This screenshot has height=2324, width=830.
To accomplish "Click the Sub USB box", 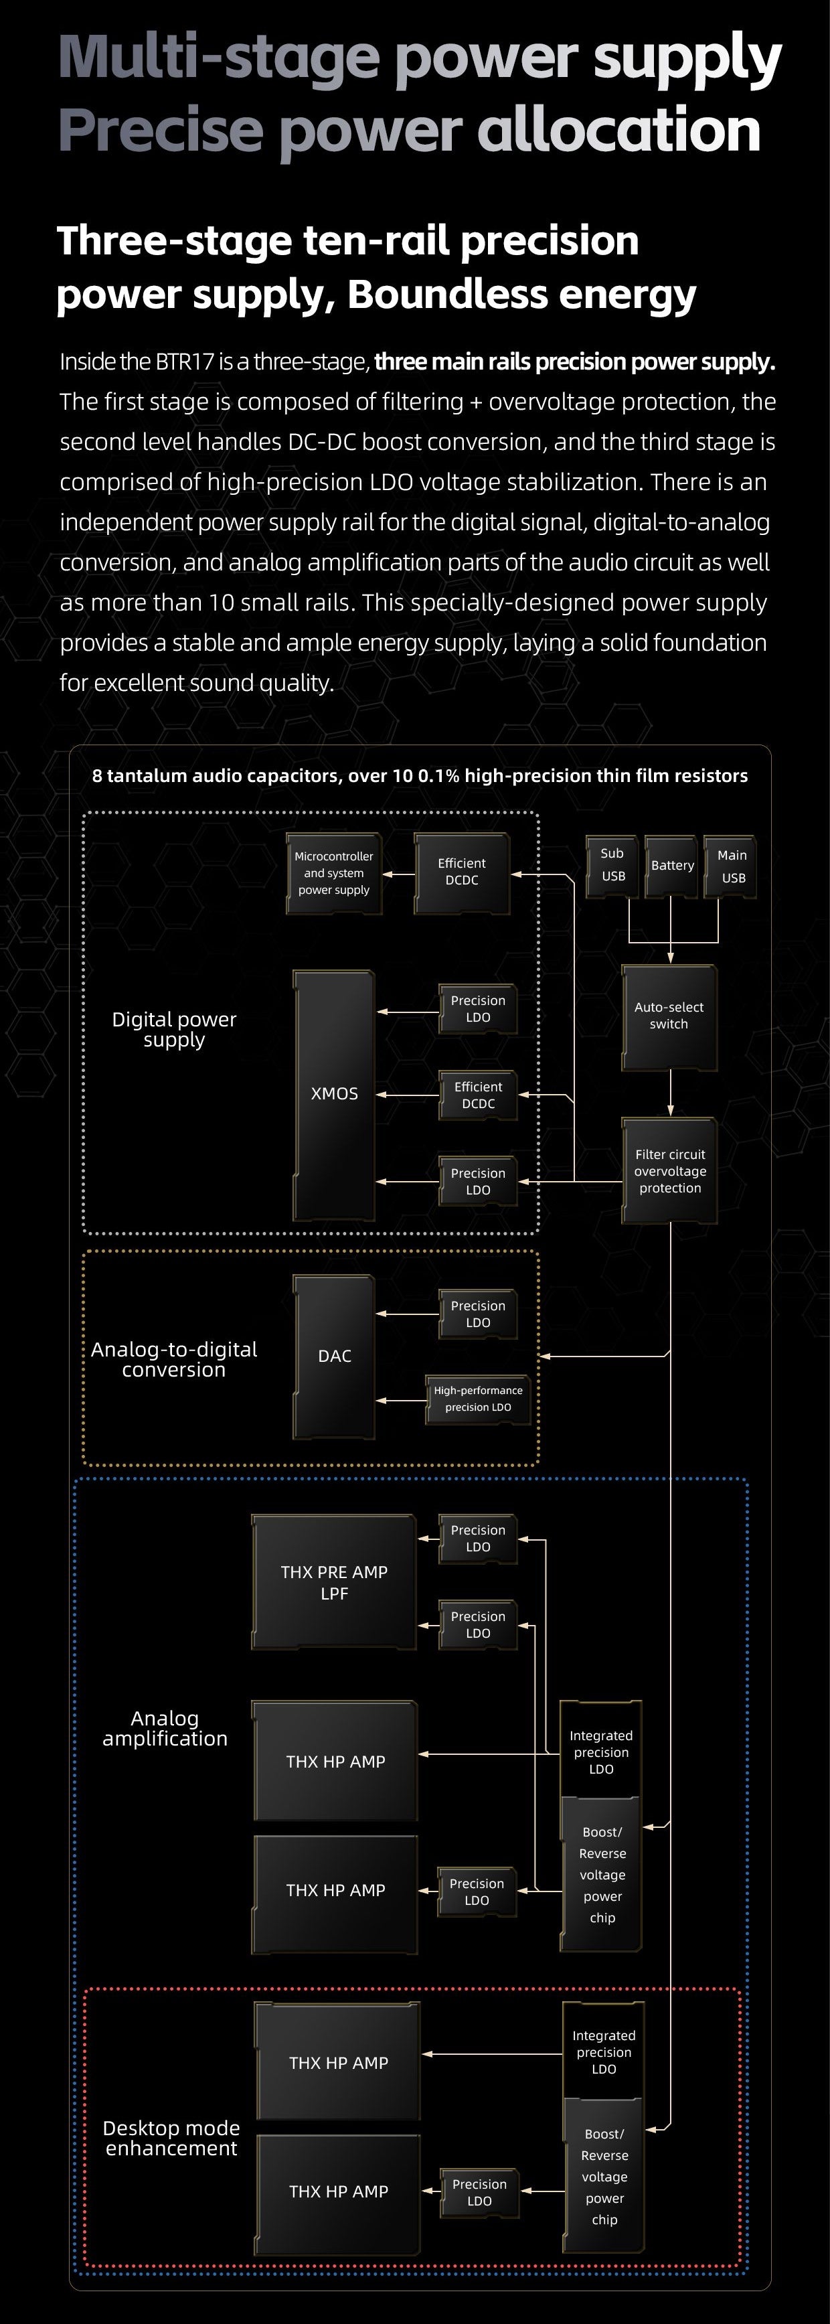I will click(x=612, y=865).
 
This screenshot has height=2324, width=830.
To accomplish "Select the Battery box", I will click(x=672, y=865).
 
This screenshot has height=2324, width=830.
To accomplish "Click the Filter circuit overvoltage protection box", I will click(x=669, y=1171).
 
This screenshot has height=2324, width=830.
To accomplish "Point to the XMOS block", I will click(x=334, y=1094).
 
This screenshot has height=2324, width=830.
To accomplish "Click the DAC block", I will click(x=334, y=1356).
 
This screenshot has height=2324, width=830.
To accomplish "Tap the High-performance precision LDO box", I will click(x=478, y=1399).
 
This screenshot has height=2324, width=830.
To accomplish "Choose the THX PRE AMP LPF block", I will click(x=334, y=1582).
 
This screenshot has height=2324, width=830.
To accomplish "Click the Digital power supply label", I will click(x=174, y=1029).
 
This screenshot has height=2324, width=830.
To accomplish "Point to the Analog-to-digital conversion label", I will click(x=174, y=1360).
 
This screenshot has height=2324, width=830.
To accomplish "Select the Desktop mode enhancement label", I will click(x=171, y=2138).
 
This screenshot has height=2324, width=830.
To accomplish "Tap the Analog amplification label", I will click(x=165, y=1729).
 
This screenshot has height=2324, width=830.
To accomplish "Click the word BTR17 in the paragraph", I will click(x=185, y=362).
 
